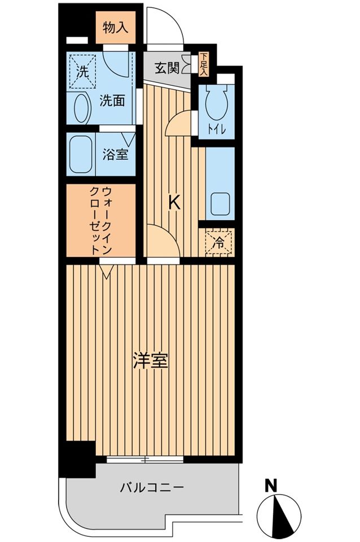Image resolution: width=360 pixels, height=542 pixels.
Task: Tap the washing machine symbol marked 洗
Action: pos(83,72)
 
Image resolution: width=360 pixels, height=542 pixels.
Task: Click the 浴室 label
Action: pos(115,155)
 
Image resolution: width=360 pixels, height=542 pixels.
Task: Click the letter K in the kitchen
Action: pos(175,203)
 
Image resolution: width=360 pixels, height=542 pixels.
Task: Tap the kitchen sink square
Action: pos(219,203)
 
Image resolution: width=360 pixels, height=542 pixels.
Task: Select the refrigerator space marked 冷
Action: pos(219,243)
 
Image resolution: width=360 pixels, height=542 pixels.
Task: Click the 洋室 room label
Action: pos(150,361)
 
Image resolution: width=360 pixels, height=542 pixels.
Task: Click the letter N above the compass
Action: pos(271,485)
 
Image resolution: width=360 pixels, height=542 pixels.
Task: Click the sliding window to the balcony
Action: pos(144,459)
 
